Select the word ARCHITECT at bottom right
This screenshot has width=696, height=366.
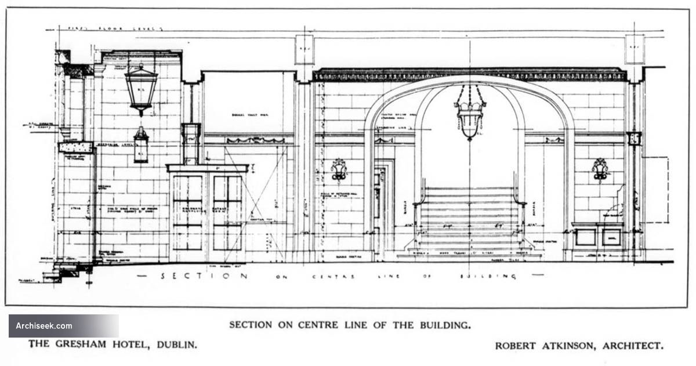click(x=632, y=345)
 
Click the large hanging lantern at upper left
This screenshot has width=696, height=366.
click(x=141, y=88)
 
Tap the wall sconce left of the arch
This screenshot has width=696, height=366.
click(x=339, y=170)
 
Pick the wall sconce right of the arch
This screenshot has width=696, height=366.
click(x=600, y=170)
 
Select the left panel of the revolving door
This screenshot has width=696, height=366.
click(x=187, y=212)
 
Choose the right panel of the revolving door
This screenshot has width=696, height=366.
click(x=227, y=212)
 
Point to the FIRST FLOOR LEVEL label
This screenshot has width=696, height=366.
click(x=116, y=28)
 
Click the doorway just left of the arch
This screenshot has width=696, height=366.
click(x=383, y=209)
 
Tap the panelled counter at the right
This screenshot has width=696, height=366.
click(x=597, y=237)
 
